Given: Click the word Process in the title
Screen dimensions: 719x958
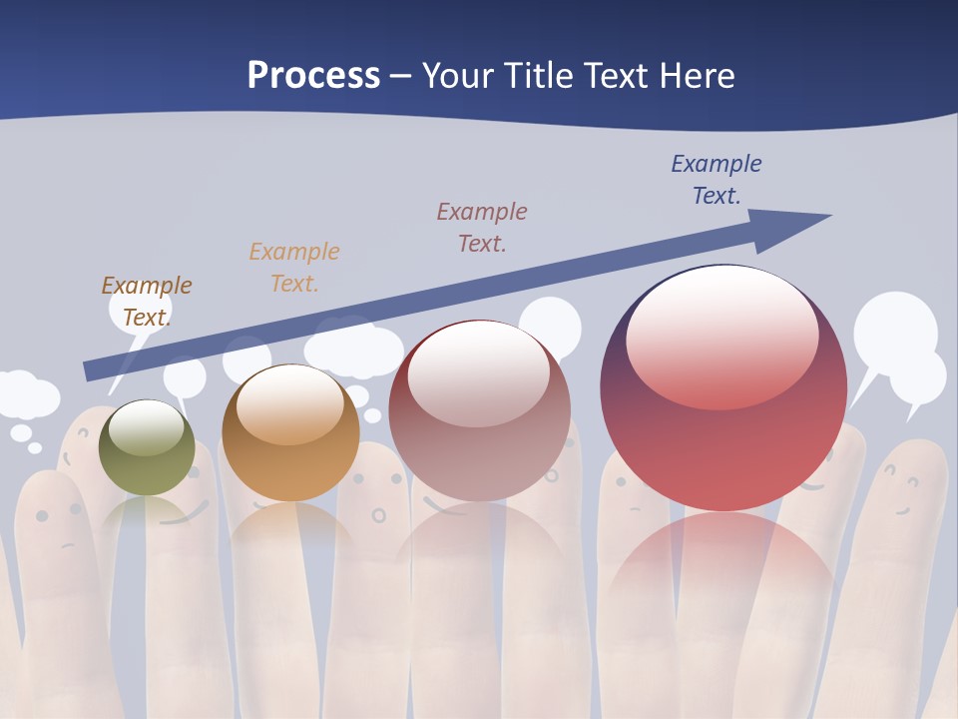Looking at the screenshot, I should [313, 75].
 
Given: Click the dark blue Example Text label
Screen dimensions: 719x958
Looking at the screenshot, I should [717, 180].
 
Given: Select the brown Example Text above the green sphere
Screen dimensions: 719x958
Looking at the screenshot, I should [147, 301].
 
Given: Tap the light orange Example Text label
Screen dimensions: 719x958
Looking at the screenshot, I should [294, 267].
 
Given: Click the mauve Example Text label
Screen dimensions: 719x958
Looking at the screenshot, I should [482, 227].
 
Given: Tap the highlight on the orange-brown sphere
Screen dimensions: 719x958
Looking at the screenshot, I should [289, 404].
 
